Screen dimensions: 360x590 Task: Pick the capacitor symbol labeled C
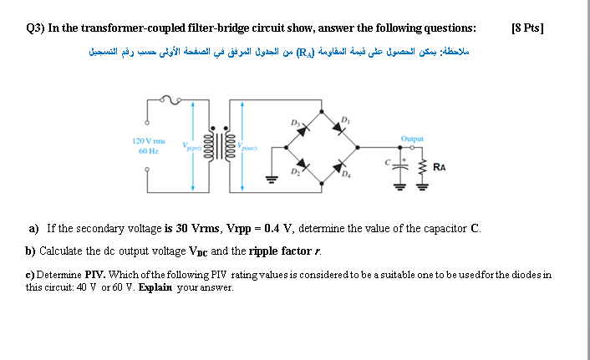click(x=404, y=167)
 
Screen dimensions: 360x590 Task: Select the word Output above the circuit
click(x=412, y=139)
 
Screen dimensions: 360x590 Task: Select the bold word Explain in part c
click(x=155, y=286)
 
